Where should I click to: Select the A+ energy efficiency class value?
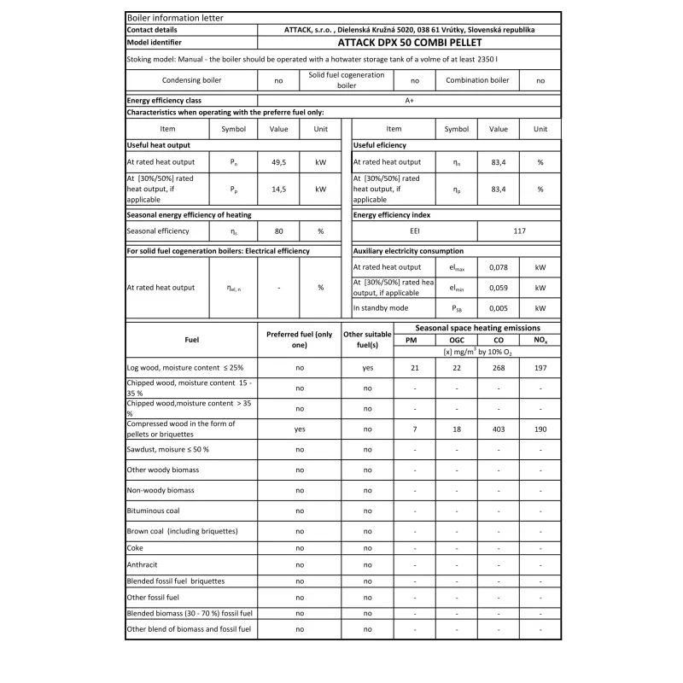click(409, 100)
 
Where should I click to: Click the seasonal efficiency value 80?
click(279, 231)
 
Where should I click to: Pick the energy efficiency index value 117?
click(519, 231)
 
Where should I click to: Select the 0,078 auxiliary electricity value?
click(498, 267)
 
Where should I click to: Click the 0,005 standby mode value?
click(498, 308)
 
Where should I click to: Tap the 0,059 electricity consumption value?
click(498, 288)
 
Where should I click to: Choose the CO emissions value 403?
click(498, 429)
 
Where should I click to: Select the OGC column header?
click(456, 340)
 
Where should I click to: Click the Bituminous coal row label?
click(153, 511)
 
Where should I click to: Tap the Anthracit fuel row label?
click(142, 564)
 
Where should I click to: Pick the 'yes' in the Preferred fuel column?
click(300, 429)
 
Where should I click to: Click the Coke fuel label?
click(135, 547)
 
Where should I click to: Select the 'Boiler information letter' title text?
click(162, 17)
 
